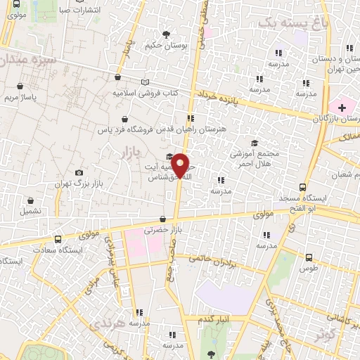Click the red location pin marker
[x=181, y=166]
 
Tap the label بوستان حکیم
[x=165, y=46]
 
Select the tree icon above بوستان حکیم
[x=166, y=34]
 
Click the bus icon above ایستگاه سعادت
[x=58, y=239]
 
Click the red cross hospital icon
[x=342, y=108]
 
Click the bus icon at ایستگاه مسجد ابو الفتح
[x=302, y=188]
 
